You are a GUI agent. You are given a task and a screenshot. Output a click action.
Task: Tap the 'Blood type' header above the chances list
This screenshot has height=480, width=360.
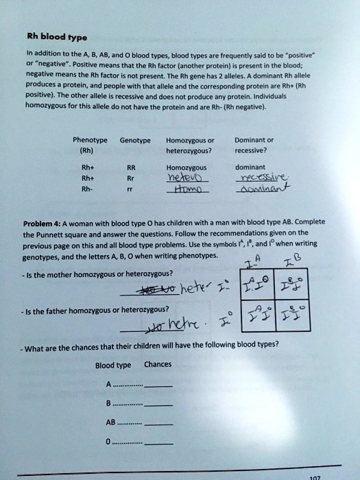coord(113,365)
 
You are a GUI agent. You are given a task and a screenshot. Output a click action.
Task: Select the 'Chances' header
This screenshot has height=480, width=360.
coord(158,365)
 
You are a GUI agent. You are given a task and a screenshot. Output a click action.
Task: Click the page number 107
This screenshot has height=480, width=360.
coord(315,475)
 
